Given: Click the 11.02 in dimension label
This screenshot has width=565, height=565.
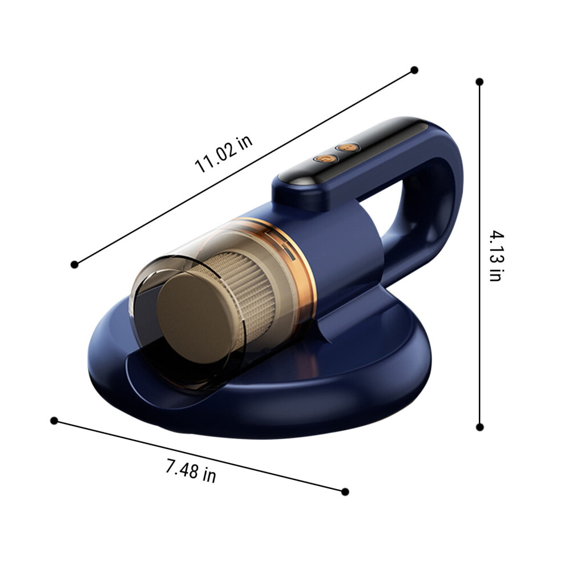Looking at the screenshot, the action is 223,154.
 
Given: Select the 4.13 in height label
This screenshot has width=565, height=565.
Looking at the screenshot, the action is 496,256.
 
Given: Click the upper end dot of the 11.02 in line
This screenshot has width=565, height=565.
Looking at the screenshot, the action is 414,70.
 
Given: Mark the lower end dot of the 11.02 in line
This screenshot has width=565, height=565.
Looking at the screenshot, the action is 75,265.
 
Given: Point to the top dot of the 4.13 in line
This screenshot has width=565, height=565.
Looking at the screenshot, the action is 479,82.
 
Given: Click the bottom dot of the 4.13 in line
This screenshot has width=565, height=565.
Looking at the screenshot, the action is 479,427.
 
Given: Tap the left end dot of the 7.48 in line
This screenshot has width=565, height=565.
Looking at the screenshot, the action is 54,421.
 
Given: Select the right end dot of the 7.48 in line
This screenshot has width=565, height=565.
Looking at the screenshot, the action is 345,491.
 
